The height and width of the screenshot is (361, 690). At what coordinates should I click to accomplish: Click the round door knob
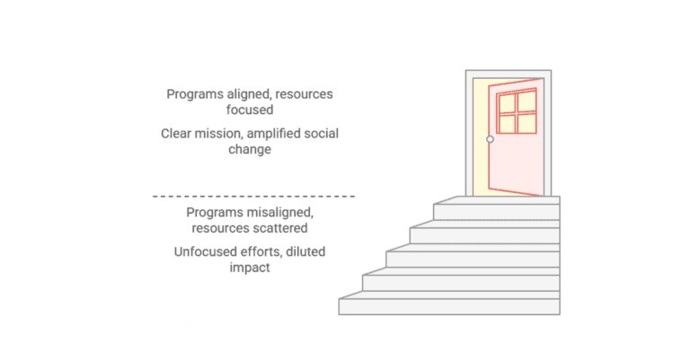coord(490,139)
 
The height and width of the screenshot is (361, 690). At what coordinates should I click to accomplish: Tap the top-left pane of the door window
coord(506,101)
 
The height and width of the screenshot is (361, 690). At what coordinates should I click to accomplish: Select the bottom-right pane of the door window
coord(527,123)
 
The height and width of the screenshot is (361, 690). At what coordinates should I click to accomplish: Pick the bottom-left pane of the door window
coord(506,124)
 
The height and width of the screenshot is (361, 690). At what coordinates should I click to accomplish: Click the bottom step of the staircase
coord(449,305)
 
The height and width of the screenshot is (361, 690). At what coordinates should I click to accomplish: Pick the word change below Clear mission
coord(253,150)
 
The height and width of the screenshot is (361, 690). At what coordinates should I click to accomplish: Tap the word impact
coord(252,268)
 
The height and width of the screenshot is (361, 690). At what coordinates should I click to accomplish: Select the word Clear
coord(177,134)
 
